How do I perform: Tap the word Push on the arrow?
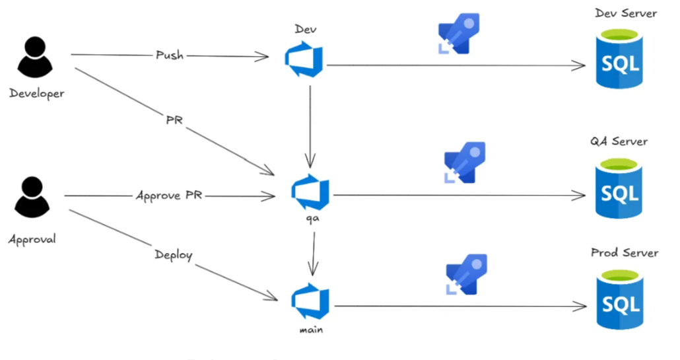[170, 55]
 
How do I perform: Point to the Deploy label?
[174, 254]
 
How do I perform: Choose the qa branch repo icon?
[311, 191]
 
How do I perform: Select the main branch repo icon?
[310, 301]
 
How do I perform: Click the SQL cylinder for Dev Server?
[619, 62]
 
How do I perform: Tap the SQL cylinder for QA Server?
[619, 192]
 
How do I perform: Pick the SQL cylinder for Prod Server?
[619, 303]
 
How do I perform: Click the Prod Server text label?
[624, 253]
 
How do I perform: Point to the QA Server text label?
[619, 141]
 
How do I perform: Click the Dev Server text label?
[625, 13]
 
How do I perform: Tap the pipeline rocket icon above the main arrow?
[466, 273]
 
